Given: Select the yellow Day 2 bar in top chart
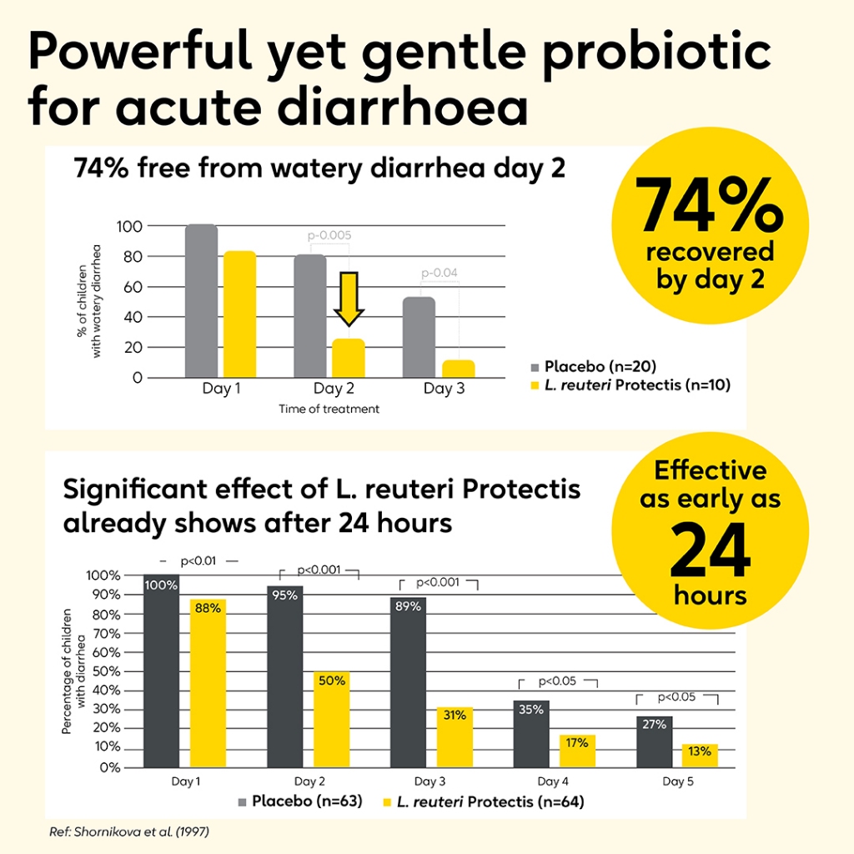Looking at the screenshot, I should coord(348,358).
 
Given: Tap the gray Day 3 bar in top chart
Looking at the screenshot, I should coord(419,336).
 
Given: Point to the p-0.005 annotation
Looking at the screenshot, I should coord(329,236).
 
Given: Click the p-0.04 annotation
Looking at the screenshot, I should coord(440,273).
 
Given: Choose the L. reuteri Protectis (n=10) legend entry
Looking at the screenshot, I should coord(625,387).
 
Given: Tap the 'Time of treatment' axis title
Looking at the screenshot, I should coord(329,409).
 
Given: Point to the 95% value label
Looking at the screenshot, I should coord(284,595).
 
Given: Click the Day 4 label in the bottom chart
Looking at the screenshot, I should coord(553,781).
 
